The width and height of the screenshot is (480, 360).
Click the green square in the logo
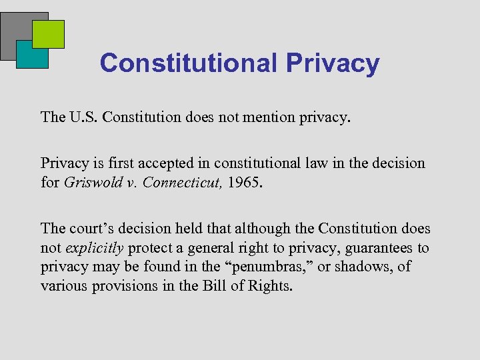(49, 34)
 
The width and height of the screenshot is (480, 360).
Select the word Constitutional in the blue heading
(188, 63)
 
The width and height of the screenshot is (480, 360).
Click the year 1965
(246, 182)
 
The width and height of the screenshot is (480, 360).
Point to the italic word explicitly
(95, 248)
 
